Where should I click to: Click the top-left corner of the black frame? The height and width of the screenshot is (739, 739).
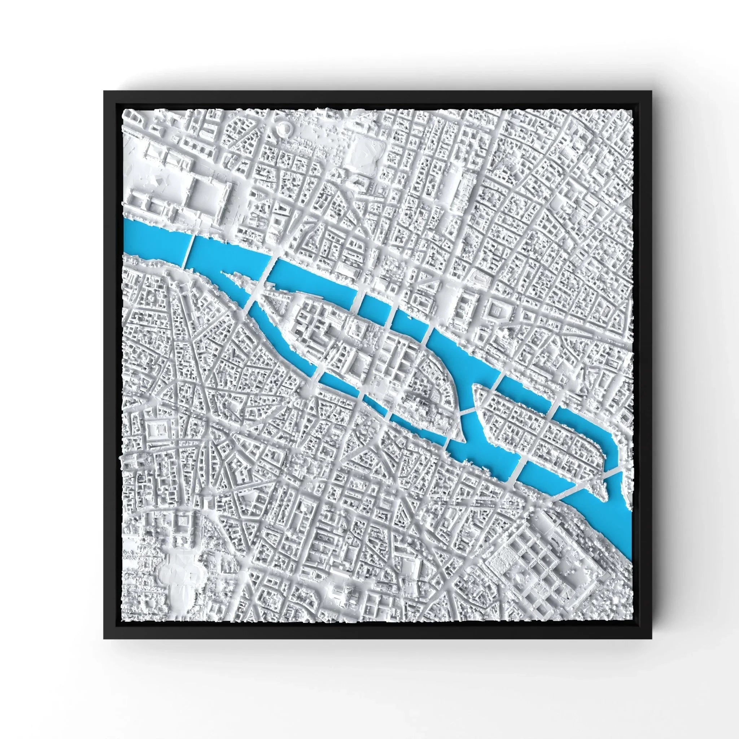(104, 91)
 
